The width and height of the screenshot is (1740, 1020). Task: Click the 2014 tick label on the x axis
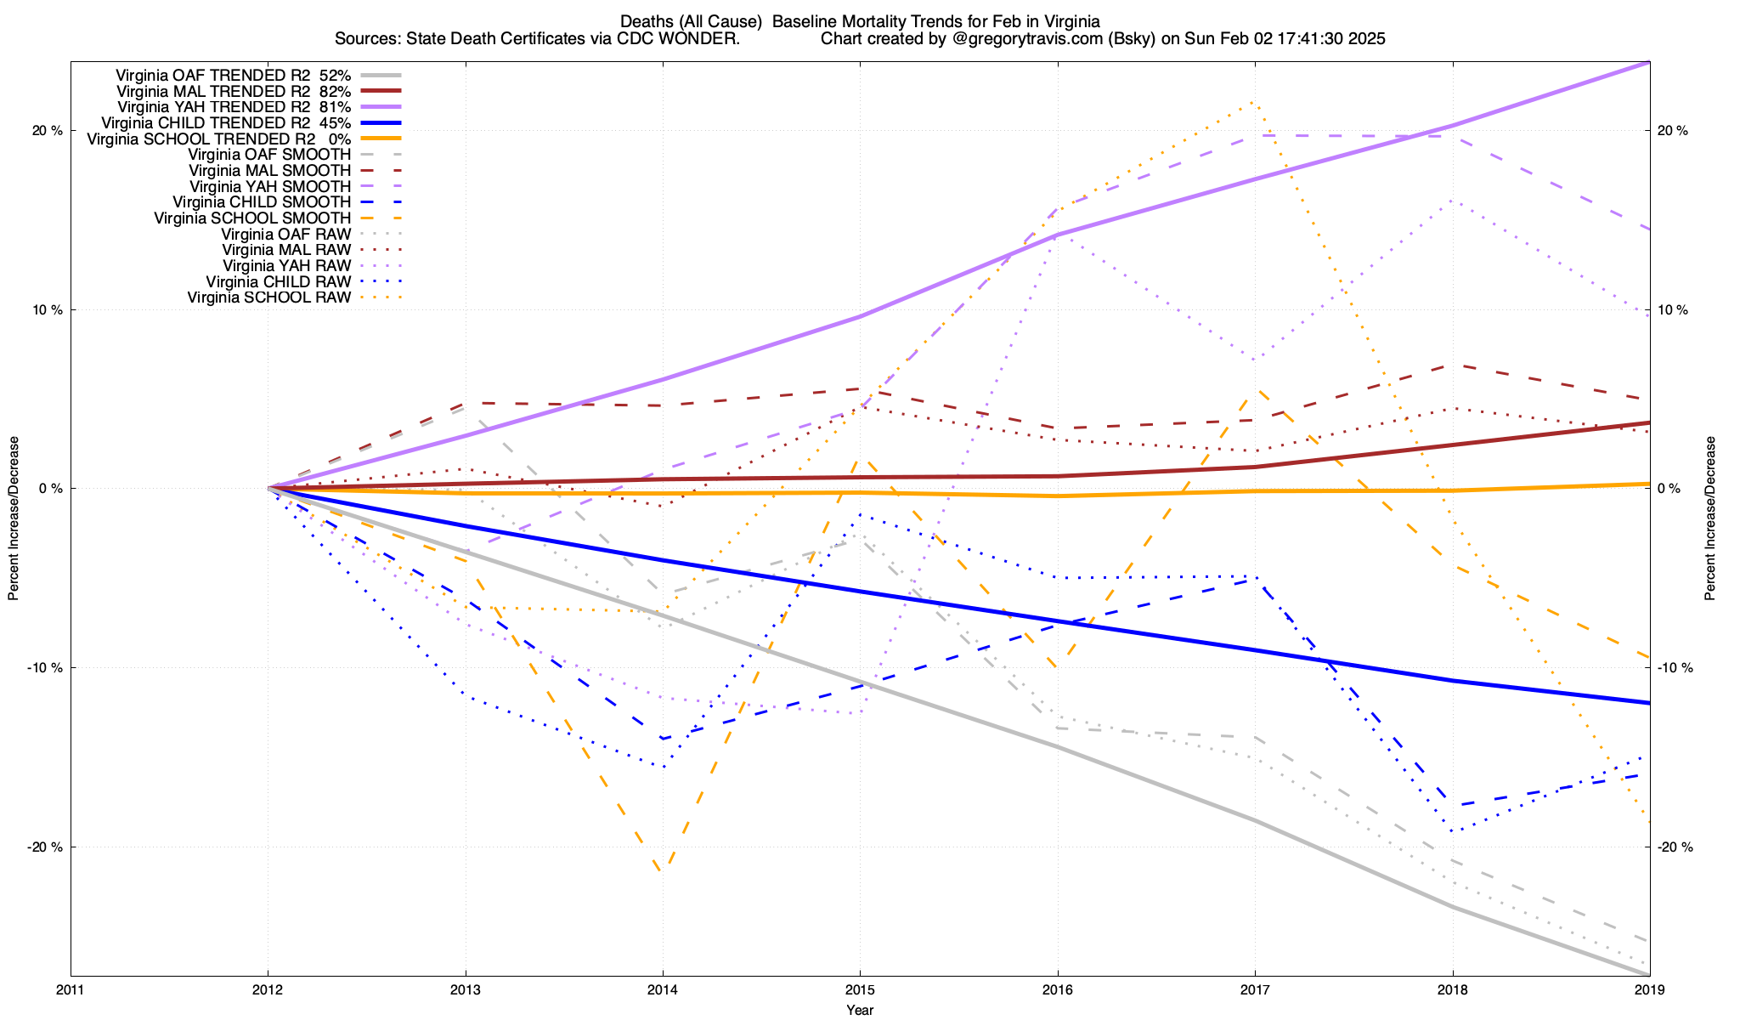(663, 989)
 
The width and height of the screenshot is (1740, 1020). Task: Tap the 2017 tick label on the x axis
(1255, 989)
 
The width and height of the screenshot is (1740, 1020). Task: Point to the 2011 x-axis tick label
(71, 989)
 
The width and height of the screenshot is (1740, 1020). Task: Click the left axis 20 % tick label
(48, 131)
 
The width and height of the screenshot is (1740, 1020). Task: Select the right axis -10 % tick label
(1675, 667)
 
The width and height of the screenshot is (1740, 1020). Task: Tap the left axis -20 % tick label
(46, 847)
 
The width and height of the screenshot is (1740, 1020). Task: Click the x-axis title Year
(860, 1010)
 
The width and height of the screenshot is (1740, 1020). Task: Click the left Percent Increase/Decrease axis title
(14, 518)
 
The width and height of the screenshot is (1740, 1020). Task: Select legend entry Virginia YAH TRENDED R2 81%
(234, 107)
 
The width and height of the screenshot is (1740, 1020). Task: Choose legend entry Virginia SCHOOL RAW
(268, 297)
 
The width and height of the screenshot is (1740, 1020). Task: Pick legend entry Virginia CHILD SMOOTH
(262, 202)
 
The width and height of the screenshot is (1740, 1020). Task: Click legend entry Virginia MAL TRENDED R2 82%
(234, 91)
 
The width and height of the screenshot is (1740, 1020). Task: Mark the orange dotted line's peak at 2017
(1254, 103)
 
